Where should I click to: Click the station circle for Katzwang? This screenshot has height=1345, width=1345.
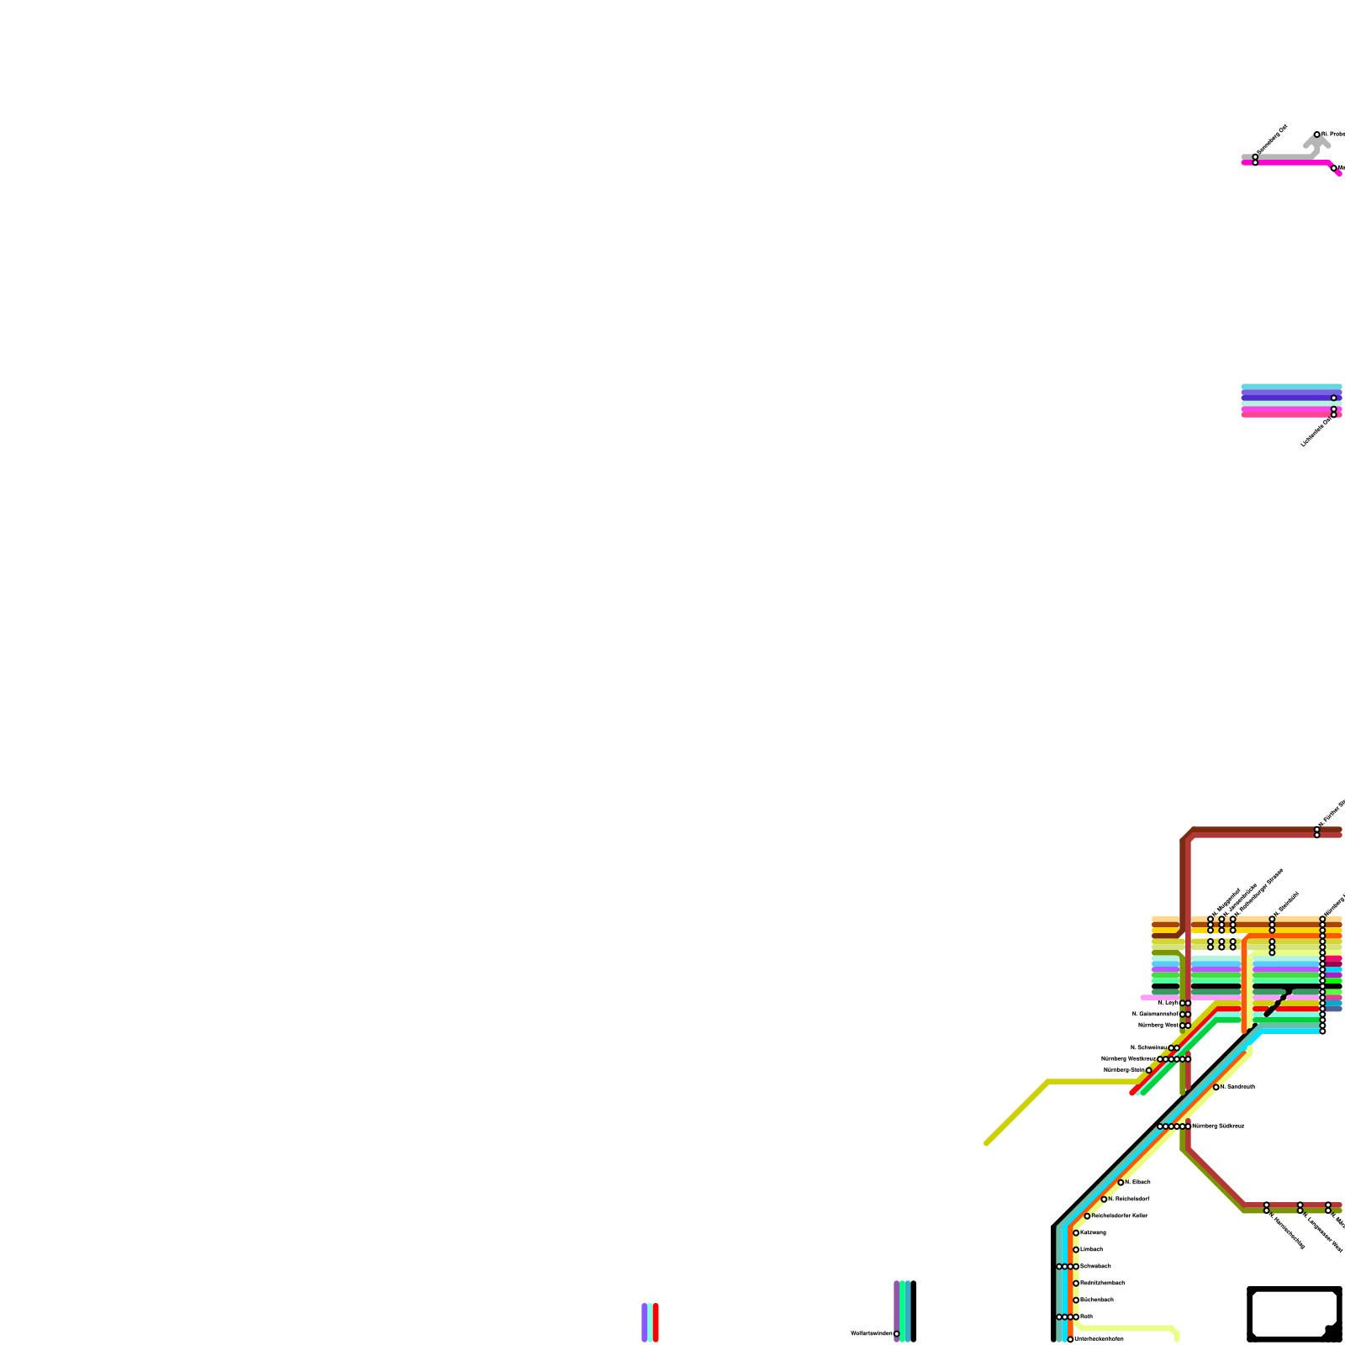point(1076,1232)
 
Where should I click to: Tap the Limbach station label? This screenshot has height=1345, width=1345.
point(1091,1249)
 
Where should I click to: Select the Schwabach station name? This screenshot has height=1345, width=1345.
point(1095,1266)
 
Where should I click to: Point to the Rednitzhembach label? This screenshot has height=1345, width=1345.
point(1102,1283)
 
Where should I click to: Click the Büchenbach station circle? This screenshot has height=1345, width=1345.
point(1076,1300)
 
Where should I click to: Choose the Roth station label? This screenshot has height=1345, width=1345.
point(1086,1316)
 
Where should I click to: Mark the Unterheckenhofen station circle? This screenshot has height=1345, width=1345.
point(1070,1339)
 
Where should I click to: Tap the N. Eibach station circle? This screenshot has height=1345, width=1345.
point(1121,1182)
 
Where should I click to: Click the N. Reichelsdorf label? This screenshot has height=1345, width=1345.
point(1129,1199)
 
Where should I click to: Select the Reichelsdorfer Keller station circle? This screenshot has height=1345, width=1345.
point(1087,1216)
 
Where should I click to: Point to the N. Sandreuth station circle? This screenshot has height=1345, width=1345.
point(1216,1087)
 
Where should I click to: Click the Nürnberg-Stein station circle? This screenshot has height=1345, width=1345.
point(1148,1070)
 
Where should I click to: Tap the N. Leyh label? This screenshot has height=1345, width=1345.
point(1168,1003)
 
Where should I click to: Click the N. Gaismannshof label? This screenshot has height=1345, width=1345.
point(1155,1014)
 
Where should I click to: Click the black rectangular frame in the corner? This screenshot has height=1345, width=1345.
point(1295,1314)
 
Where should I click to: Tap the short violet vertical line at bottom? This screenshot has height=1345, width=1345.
point(644,1322)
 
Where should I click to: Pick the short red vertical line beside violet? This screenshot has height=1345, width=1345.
point(656,1322)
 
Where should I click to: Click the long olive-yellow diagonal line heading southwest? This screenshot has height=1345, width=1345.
point(1017,1112)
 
